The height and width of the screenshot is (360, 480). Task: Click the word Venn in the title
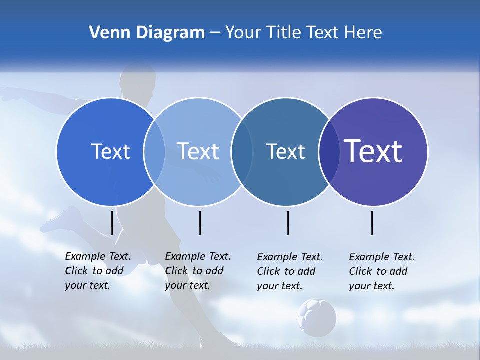tap(105, 33)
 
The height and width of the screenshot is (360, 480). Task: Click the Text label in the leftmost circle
tap(110, 151)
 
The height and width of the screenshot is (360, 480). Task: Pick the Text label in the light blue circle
tap(198, 151)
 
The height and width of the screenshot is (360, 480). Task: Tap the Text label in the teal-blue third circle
tap(285, 151)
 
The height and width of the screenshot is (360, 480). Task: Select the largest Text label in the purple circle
tap(373, 151)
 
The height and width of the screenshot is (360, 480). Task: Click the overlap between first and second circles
tap(154, 151)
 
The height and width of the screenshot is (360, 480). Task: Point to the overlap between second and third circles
tap(242, 151)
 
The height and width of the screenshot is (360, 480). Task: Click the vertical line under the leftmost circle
tap(112, 223)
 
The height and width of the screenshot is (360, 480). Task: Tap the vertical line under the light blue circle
tap(200, 223)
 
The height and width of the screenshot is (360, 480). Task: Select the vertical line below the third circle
tap(288, 223)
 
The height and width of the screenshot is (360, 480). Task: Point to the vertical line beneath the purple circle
tap(372, 223)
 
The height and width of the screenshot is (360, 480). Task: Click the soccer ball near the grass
tap(317, 317)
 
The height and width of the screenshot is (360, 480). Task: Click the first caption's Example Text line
tap(98, 256)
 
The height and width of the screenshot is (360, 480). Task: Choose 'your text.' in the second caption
tap(187, 285)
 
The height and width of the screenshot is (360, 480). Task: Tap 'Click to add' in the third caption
tap(286, 271)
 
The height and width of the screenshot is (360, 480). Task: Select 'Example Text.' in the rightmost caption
tap(382, 257)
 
